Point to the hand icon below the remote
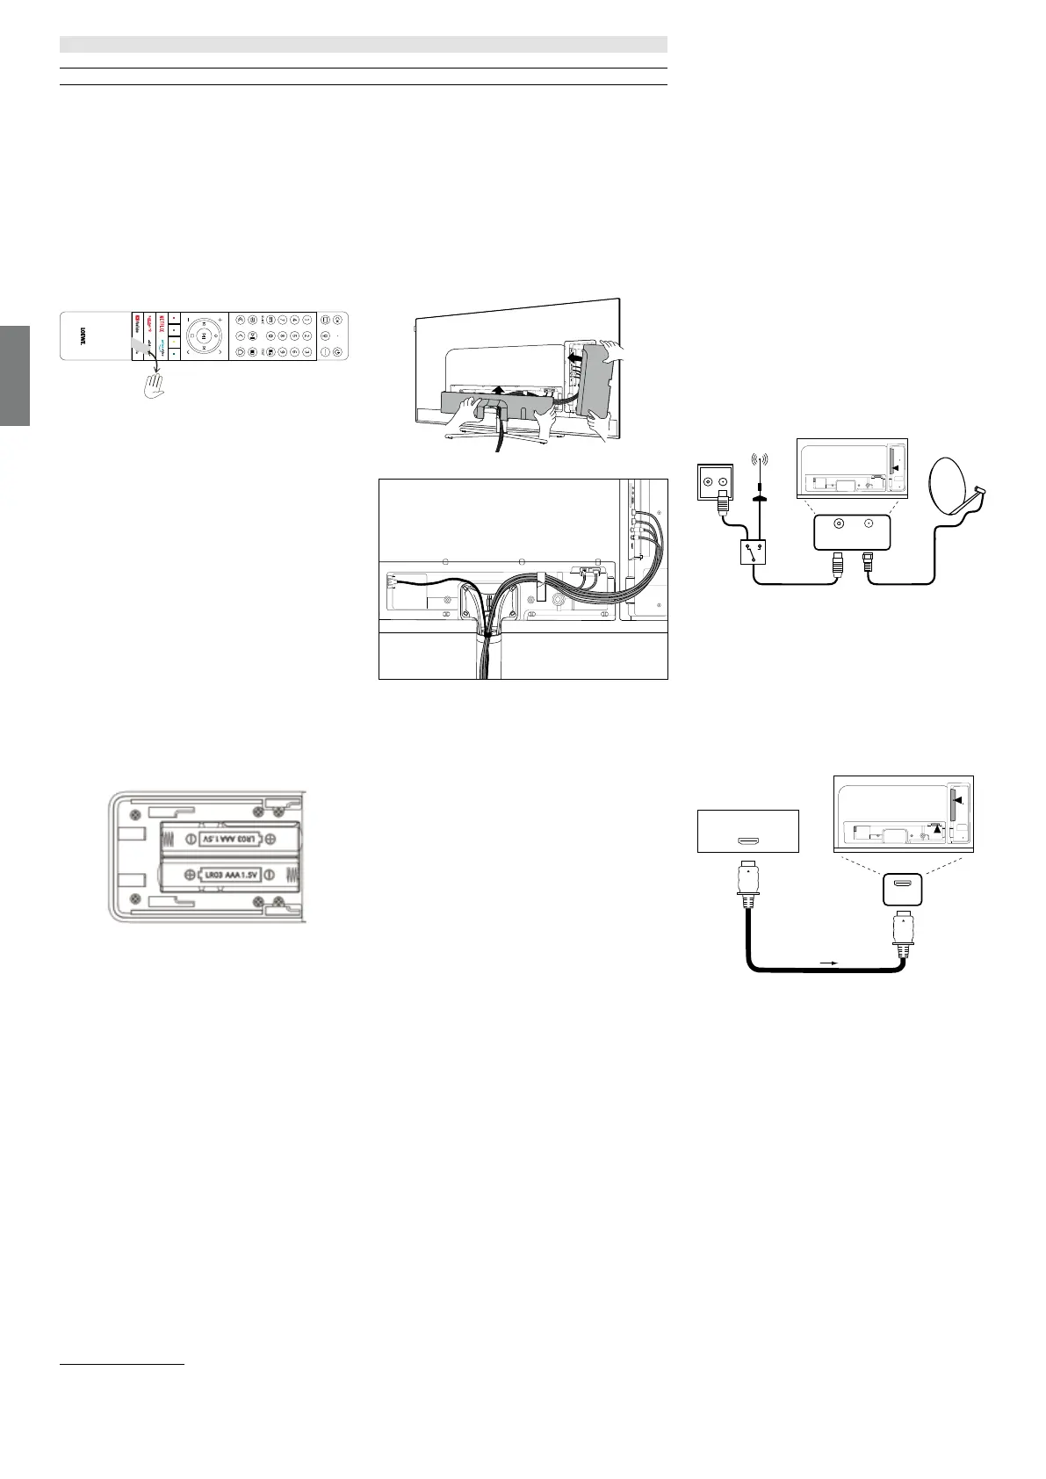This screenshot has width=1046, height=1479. (x=155, y=384)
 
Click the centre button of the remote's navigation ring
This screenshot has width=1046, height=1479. (x=203, y=335)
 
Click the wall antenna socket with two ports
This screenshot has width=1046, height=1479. (x=715, y=481)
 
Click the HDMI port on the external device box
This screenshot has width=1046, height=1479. (x=748, y=841)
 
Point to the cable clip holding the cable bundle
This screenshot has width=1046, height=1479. (x=541, y=580)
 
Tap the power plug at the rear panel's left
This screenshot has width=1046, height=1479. (x=392, y=581)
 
